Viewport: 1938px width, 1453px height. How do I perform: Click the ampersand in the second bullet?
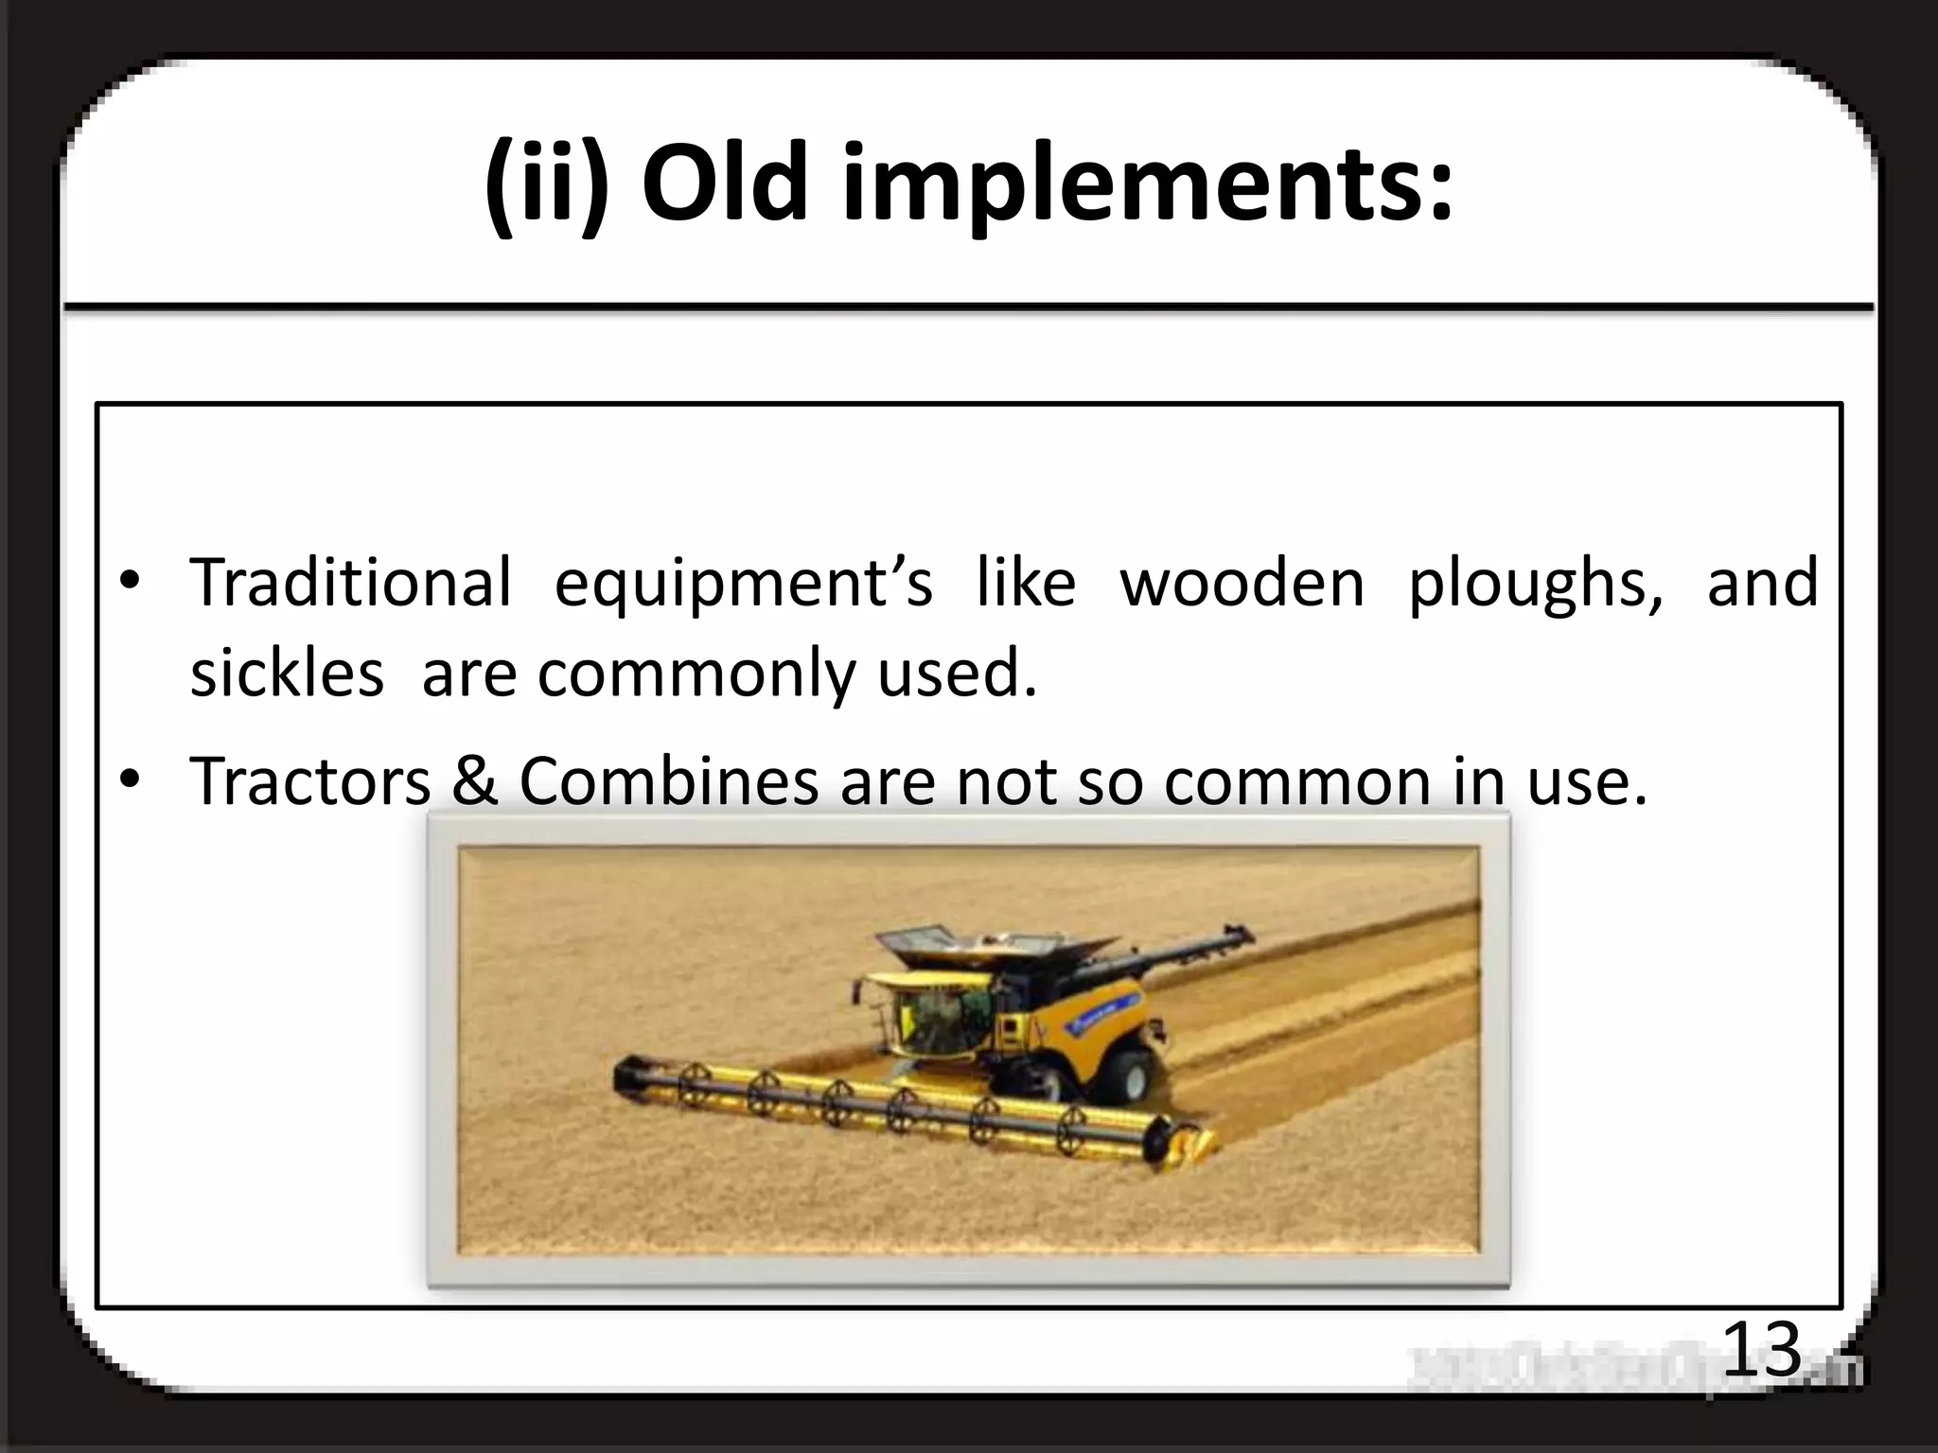click(x=475, y=781)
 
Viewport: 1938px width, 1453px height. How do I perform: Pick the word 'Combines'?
click(x=668, y=781)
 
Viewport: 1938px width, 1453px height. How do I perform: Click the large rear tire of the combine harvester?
click(x=1124, y=1077)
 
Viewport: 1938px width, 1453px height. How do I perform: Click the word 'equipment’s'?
click(x=743, y=583)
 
